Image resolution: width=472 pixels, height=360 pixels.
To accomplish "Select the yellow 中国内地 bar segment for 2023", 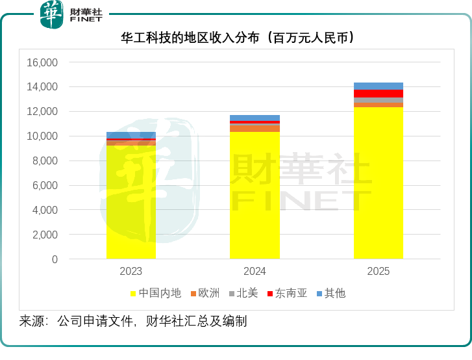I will (x=131, y=201).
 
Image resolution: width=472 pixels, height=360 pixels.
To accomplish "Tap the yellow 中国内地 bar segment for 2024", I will (x=255, y=195).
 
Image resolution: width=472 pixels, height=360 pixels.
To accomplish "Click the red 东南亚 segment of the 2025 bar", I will (x=379, y=94).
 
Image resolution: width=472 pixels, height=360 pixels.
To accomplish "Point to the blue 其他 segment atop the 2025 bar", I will (x=379, y=86).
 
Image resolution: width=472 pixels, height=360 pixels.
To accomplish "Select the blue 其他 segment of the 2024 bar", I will (x=255, y=118).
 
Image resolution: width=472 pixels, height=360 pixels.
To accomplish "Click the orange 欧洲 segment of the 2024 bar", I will (x=255, y=129).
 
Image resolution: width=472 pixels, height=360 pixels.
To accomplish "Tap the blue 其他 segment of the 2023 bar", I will (x=131, y=135).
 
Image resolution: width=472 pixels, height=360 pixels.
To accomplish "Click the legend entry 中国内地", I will (x=156, y=293).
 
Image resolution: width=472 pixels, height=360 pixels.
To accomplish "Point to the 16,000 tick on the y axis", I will (x=42, y=62).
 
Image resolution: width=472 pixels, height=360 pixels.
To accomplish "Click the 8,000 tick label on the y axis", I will (x=45, y=161).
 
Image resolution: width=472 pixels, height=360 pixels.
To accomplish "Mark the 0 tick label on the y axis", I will (x=55, y=259).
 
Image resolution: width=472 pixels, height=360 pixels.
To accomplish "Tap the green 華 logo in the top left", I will (x=52, y=14).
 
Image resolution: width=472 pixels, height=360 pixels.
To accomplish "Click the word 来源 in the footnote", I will (x=32, y=321).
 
